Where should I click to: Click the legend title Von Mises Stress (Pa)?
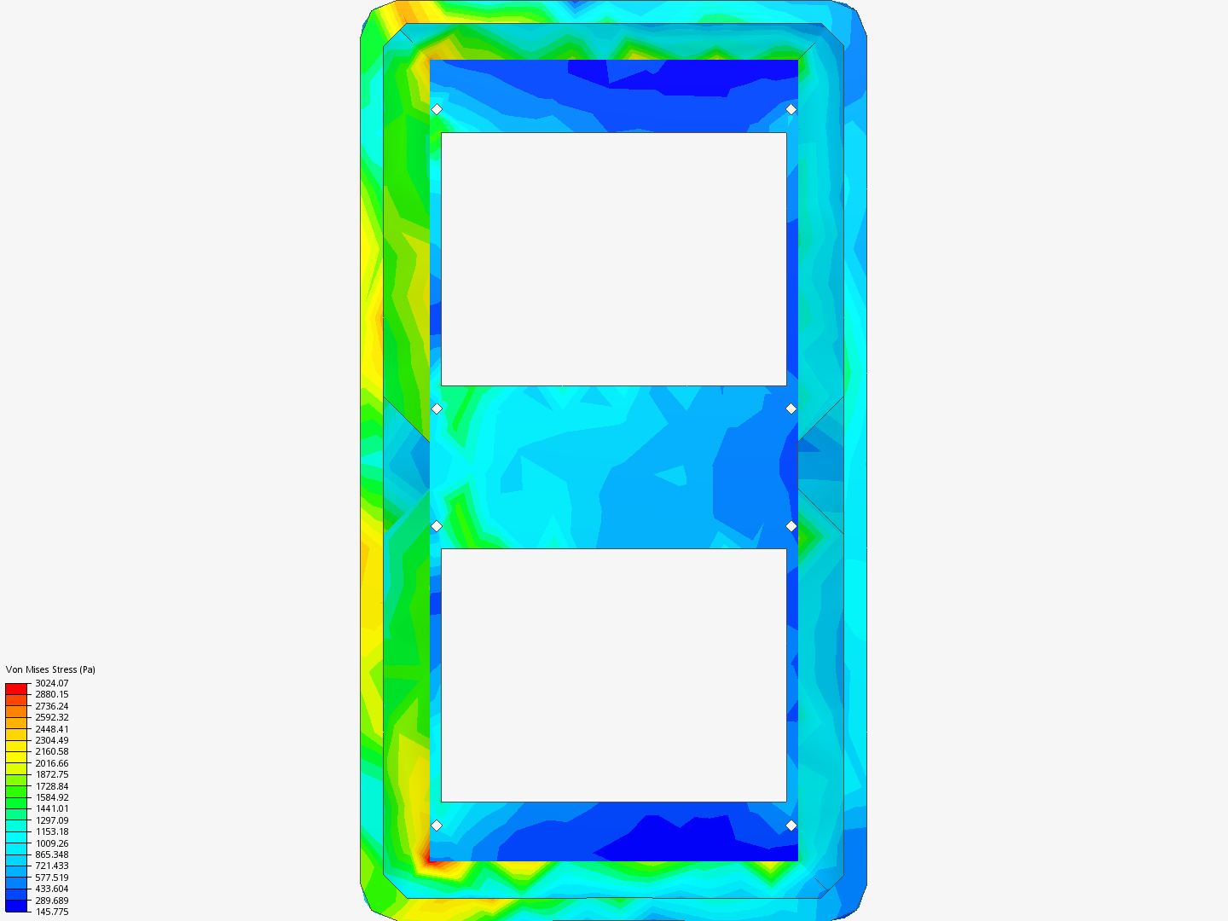[x=50, y=669]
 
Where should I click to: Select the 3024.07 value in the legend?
[x=51, y=683]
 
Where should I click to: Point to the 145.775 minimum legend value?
[x=51, y=912]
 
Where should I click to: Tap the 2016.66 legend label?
[x=51, y=763]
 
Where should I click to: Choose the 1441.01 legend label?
[x=51, y=808]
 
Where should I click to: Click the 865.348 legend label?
[x=51, y=854]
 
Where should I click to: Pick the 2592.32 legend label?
[x=51, y=717]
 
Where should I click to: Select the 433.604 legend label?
[x=51, y=889]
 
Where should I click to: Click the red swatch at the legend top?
[x=16, y=688]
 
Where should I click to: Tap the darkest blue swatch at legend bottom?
[x=16, y=906]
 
